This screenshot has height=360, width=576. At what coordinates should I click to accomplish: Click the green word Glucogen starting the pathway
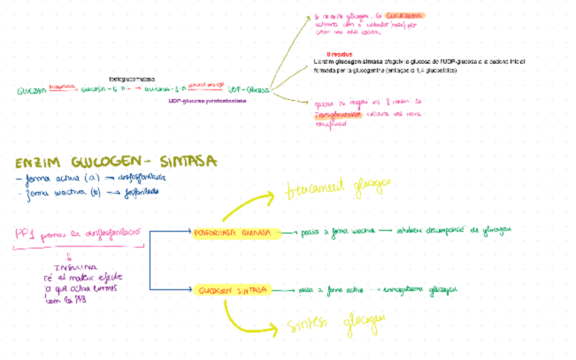click(x=31, y=90)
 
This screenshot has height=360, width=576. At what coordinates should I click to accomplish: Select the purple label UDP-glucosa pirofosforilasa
click(x=207, y=101)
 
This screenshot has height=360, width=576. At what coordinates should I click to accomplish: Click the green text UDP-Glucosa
click(x=249, y=90)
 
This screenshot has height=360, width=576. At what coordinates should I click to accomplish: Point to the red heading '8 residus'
click(x=338, y=54)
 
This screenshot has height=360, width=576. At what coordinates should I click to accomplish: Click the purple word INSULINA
click(x=75, y=266)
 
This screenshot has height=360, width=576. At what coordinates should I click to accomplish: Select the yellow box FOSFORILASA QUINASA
click(x=236, y=232)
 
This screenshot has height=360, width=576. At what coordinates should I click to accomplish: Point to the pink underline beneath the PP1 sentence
click(x=75, y=245)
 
